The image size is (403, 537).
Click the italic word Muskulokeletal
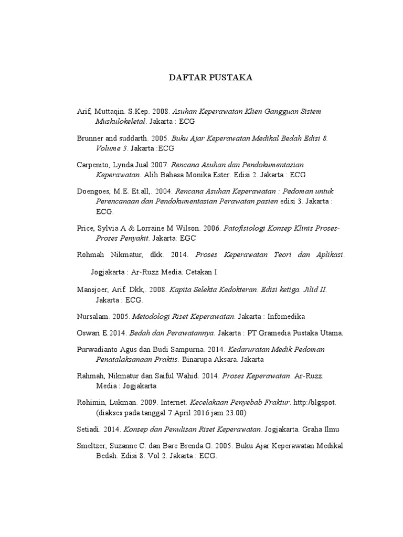tap(121, 121)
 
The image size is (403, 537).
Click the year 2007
tap(158, 165)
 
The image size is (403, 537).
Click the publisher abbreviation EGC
tap(187, 238)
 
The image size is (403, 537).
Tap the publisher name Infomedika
tap(286, 316)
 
